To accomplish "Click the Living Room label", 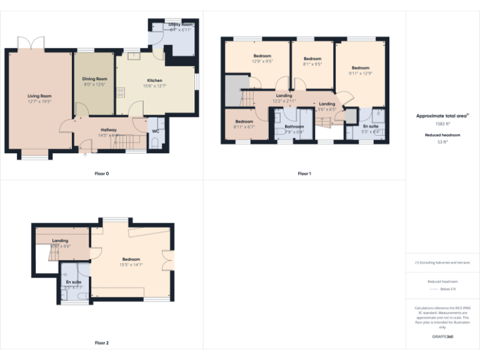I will pyautogui.click(x=39, y=96).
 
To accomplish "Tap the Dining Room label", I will pyautogui.click(x=95, y=79).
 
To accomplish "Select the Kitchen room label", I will pyautogui.click(x=154, y=81).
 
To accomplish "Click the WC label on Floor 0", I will pyautogui.click(x=155, y=131).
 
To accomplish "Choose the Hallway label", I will pyautogui.click(x=109, y=129).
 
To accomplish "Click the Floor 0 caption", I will pyautogui.click(x=101, y=173).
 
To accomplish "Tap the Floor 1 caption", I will pyautogui.click(x=304, y=173).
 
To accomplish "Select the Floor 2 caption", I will pyautogui.click(x=101, y=342).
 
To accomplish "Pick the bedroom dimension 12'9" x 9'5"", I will pyautogui.click(x=262, y=62).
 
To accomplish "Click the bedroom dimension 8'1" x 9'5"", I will pyautogui.click(x=312, y=64).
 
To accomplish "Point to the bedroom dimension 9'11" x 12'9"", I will pyautogui.click(x=360, y=73).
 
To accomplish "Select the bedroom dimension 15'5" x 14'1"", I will pyautogui.click(x=131, y=264).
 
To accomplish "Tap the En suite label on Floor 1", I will pyautogui.click(x=371, y=126).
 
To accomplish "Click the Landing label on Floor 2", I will pyautogui.click(x=60, y=241).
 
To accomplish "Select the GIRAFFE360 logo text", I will pyautogui.click(x=442, y=337).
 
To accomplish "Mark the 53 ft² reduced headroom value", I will pyautogui.click(x=442, y=142).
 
